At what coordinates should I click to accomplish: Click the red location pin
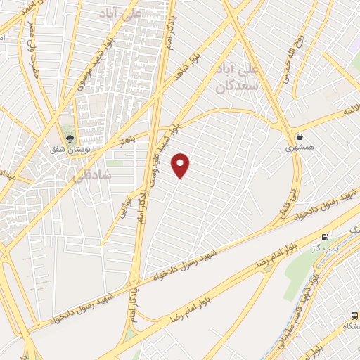[181, 165]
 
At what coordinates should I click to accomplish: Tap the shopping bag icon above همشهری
[301, 136]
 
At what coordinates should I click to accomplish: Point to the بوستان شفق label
[69, 148]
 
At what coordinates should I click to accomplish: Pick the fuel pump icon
[325, 238]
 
